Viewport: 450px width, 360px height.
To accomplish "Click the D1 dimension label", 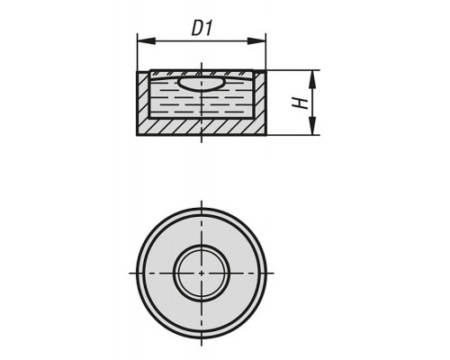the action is pyautogui.click(x=202, y=29).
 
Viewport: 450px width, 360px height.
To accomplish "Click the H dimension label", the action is pyautogui.click(x=300, y=103).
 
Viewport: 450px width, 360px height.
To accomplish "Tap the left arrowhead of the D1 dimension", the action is pyautogui.click(x=147, y=41).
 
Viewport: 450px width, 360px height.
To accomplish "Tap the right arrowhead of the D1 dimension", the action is pyautogui.click(x=256, y=41).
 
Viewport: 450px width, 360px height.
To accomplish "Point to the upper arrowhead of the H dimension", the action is pyautogui.click(x=312, y=79).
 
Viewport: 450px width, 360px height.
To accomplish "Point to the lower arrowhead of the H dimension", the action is pyautogui.click(x=312, y=126).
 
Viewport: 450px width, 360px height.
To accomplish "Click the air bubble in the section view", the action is pyautogui.click(x=201, y=83).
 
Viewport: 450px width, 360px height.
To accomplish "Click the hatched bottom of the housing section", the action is pyautogui.click(x=202, y=126).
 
